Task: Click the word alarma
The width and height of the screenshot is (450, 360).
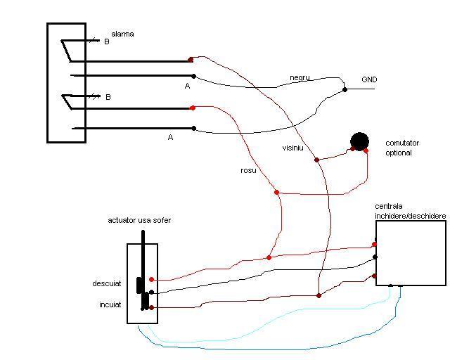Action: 122,34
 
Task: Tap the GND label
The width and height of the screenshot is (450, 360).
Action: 369,79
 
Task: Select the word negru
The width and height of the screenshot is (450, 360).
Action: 300,77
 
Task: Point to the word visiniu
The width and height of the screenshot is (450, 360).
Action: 292,148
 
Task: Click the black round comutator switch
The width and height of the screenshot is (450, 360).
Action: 360,141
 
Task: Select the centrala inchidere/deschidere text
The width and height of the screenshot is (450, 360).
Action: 410,211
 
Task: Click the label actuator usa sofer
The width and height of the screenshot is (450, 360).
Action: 139,220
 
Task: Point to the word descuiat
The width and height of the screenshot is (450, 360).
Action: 107,284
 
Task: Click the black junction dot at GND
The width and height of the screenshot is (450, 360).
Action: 345,89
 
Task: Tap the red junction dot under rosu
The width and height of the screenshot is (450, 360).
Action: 276,192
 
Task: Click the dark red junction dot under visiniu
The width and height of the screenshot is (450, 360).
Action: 316,160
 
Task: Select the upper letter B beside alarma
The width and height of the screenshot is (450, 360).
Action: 107,41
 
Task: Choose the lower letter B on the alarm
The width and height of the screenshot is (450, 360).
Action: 108,97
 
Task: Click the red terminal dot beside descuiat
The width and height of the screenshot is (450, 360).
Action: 151,280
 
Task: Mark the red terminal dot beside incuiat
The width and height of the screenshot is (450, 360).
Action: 151,308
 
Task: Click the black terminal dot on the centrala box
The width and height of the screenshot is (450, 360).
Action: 375,257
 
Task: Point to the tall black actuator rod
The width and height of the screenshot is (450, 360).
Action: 143,260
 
